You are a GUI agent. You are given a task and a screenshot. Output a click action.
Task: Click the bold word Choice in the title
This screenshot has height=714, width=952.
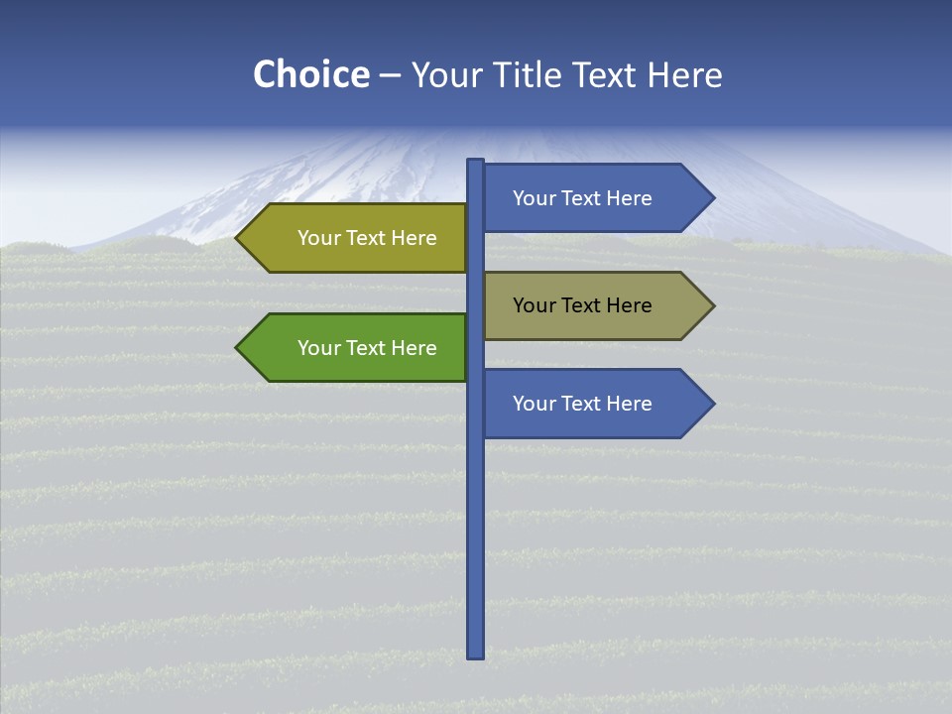click(x=310, y=75)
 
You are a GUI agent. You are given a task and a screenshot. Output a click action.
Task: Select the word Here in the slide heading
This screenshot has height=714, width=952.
click(x=684, y=75)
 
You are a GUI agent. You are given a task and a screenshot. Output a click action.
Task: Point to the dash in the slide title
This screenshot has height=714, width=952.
click(x=390, y=76)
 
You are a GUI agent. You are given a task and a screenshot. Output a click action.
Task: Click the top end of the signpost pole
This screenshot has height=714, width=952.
click(x=476, y=162)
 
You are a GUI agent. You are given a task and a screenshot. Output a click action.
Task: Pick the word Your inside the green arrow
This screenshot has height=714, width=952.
click(x=318, y=348)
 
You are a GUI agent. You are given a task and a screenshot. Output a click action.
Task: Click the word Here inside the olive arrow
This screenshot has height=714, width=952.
click(x=414, y=238)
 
